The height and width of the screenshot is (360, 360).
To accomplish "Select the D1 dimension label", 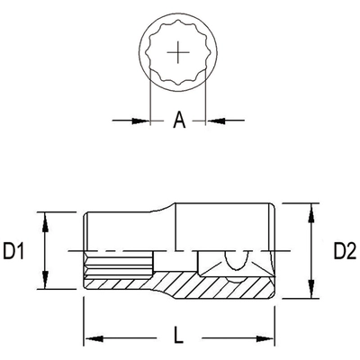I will tap(16, 251).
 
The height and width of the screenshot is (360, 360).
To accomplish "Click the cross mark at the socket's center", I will tap(178, 53).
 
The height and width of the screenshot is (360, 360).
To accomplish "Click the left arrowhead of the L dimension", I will tap(91, 338).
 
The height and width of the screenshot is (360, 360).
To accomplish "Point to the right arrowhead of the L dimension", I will tap(269, 338).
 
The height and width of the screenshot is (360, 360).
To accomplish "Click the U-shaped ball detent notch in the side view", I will tap(236, 260).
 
